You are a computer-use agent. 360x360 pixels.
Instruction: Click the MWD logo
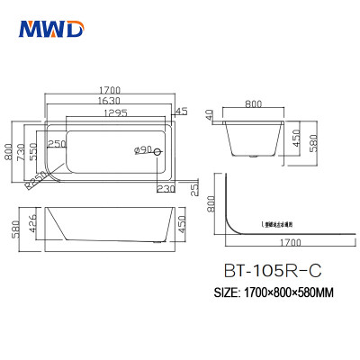[x=51, y=31]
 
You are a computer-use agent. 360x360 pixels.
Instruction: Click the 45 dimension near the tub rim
[x=180, y=112]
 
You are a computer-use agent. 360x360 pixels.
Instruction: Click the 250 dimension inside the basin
[x=58, y=144]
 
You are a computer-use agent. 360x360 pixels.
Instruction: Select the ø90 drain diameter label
[x=141, y=149]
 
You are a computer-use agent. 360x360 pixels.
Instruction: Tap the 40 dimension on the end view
[x=208, y=115]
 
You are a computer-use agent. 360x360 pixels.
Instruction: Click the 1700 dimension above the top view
[x=110, y=90]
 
